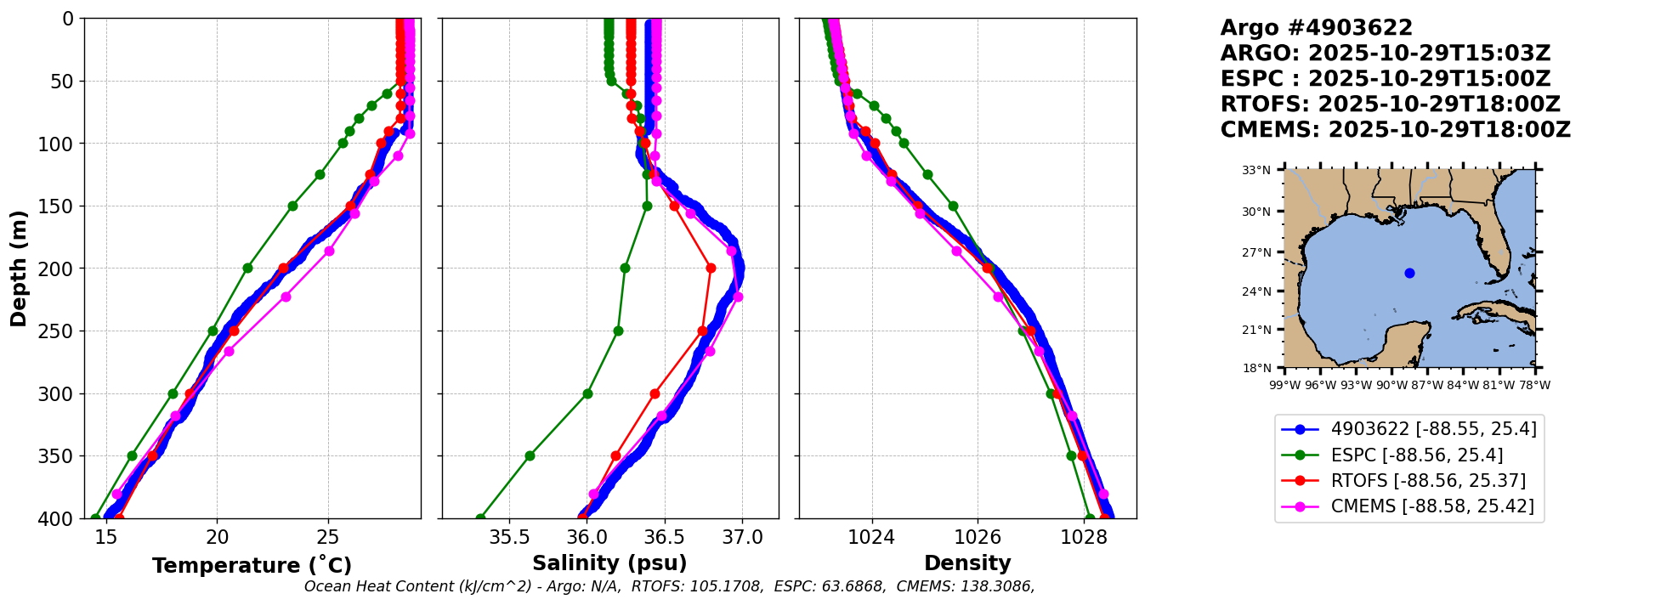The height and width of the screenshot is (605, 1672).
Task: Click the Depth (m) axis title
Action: pyautogui.click(x=18, y=269)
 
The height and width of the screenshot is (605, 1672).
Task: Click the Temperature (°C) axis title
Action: pyautogui.click(x=252, y=566)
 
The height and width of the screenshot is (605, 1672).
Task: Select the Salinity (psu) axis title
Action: pyautogui.click(x=609, y=563)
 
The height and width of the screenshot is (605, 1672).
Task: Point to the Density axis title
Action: pyautogui.click(x=967, y=563)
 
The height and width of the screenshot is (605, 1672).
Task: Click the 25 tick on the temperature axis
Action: pyautogui.click(x=328, y=537)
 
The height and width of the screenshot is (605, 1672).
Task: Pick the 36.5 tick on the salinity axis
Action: pyautogui.click(x=665, y=537)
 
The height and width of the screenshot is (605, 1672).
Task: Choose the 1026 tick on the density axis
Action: pyautogui.click(x=978, y=537)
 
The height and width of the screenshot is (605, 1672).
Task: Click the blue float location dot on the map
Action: pyautogui.click(x=1409, y=273)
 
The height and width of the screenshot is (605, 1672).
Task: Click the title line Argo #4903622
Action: pyautogui.click(x=1316, y=28)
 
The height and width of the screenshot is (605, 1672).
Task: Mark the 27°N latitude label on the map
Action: pyautogui.click(x=1256, y=253)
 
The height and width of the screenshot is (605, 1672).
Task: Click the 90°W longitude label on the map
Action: pyautogui.click(x=1391, y=385)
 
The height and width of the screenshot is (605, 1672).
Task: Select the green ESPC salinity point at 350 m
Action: pyautogui.click(x=530, y=455)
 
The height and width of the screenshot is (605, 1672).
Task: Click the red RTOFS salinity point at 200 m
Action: pyautogui.click(x=711, y=268)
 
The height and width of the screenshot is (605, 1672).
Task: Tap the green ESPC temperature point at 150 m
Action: pyautogui.click(x=292, y=206)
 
